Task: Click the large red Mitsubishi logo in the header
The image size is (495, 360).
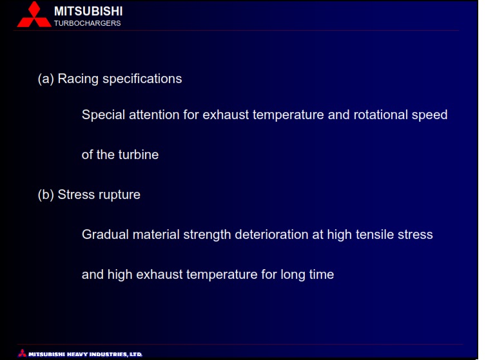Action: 34,15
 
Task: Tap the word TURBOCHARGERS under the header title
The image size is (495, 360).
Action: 88,23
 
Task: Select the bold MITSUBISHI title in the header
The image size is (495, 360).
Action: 88,12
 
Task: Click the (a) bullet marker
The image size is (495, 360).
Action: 46,79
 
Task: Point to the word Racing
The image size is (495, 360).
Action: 78,79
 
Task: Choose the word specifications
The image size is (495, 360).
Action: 142,79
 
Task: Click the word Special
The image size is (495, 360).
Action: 104,115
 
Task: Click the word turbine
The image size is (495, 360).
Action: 139,155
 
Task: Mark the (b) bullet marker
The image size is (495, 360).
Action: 46,194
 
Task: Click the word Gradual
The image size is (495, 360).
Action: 106,235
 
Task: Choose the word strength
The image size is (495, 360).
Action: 207,235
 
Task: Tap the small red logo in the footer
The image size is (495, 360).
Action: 22,353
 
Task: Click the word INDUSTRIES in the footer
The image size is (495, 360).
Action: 108,354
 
